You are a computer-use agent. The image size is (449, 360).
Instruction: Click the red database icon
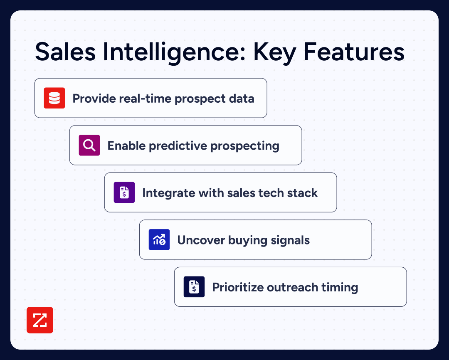point(54,98)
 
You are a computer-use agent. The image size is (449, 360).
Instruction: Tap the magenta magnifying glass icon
point(89,145)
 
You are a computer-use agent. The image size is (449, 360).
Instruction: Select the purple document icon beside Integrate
point(124,192)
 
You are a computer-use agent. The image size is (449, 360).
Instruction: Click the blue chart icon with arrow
point(159,240)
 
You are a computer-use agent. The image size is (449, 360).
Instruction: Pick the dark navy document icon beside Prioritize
point(194,287)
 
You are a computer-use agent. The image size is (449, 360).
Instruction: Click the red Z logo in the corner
point(40,320)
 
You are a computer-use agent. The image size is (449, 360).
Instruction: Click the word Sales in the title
point(65,52)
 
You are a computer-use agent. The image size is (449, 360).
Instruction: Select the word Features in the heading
point(354,52)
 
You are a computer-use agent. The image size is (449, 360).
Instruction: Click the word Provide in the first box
point(94,99)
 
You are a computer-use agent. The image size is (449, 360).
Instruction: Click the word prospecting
point(245,146)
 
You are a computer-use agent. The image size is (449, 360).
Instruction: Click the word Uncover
point(201,240)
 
